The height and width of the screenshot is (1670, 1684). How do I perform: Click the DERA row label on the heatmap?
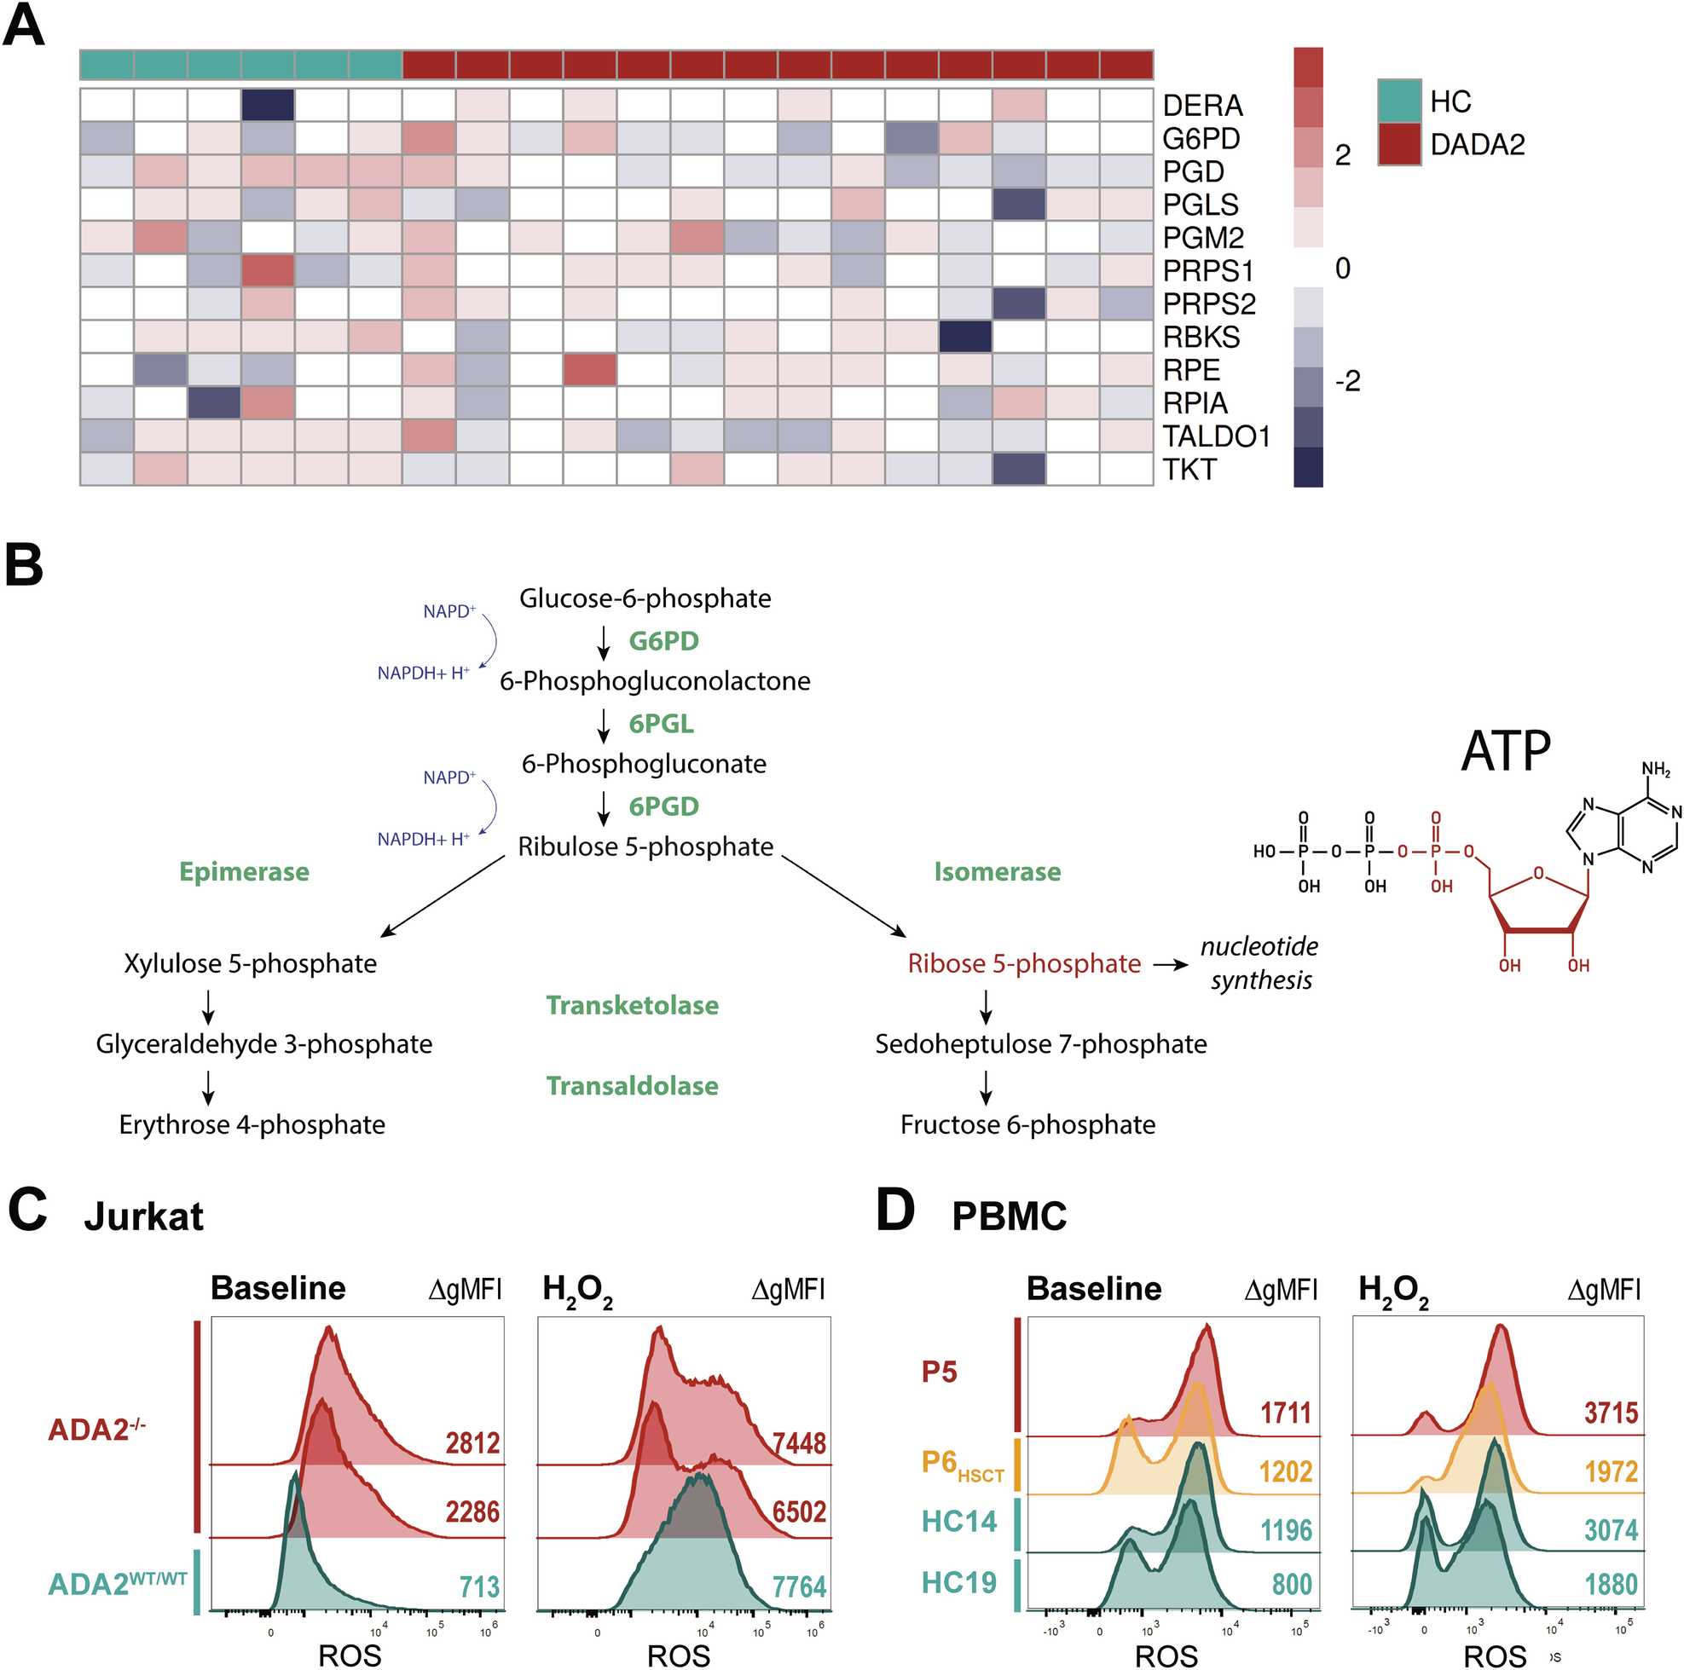pyautogui.click(x=1202, y=106)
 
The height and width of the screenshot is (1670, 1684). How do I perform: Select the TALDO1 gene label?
pyautogui.click(x=1216, y=436)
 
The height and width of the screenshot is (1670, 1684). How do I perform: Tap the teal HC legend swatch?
pyautogui.click(x=1399, y=101)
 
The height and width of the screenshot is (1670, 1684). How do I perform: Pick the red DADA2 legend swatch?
pyautogui.click(x=1399, y=144)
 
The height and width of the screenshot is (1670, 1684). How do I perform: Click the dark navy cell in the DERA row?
pyautogui.click(x=269, y=106)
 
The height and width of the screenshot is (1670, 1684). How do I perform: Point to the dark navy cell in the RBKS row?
pyautogui.click(x=966, y=337)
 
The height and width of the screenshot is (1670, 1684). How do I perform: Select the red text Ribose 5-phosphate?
pyautogui.click(x=1024, y=963)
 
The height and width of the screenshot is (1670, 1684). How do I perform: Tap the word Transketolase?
pyautogui.click(x=632, y=1005)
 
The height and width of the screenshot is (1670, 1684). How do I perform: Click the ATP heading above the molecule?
pyautogui.click(x=1505, y=750)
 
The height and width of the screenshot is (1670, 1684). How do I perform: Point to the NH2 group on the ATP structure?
pyautogui.click(x=1655, y=769)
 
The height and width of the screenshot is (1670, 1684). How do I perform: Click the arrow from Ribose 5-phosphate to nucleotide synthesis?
pyautogui.click(x=1171, y=965)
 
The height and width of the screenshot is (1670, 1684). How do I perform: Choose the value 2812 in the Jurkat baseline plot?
pyautogui.click(x=472, y=1442)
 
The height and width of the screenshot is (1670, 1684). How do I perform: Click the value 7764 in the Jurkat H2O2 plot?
pyautogui.click(x=798, y=1587)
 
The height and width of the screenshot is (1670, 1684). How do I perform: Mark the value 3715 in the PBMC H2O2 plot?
pyautogui.click(x=1611, y=1412)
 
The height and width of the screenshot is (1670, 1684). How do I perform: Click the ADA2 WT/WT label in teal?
pyautogui.click(x=117, y=1584)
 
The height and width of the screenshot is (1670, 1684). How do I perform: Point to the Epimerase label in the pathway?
pyautogui.click(x=244, y=871)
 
